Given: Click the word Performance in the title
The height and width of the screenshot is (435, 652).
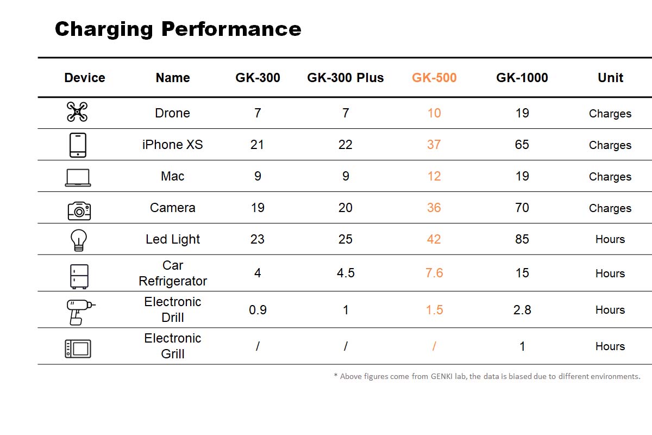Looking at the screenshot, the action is point(231,29).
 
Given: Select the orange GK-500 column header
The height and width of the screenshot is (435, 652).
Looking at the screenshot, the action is point(434,78).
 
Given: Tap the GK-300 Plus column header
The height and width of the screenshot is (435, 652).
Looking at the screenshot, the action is point(346,78).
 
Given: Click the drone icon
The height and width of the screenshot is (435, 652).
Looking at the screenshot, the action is point(77,111).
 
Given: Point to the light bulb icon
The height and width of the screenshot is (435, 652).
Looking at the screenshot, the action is point(79,240).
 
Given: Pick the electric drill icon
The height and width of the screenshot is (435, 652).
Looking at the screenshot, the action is point(80,312).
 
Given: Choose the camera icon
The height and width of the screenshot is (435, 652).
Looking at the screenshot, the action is point(79,210).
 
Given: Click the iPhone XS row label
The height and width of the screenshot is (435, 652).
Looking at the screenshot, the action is point(173,145).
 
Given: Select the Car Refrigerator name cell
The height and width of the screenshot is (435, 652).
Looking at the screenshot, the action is point(173,274).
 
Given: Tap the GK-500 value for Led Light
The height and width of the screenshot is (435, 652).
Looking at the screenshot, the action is point(434,239).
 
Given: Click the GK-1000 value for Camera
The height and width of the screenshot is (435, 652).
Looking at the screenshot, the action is point(522,208).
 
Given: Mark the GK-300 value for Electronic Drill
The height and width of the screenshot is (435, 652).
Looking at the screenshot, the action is point(258,310).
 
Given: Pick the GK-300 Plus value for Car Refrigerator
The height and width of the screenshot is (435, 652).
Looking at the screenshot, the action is point(346,273).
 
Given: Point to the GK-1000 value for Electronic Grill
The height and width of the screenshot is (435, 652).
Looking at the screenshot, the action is point(523,346).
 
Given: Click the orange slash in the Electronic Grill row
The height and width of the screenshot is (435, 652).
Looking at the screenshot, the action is point(434,346).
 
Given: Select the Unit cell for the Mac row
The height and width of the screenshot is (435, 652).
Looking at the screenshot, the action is point(610,177).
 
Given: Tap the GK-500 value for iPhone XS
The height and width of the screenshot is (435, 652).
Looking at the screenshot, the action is point(434,145).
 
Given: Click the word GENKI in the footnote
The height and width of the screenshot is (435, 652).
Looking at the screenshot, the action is point(442,376).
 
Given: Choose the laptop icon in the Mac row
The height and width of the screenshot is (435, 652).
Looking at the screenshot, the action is point(78,177).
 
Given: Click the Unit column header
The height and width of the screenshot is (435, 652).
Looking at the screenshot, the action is point(610,78).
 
